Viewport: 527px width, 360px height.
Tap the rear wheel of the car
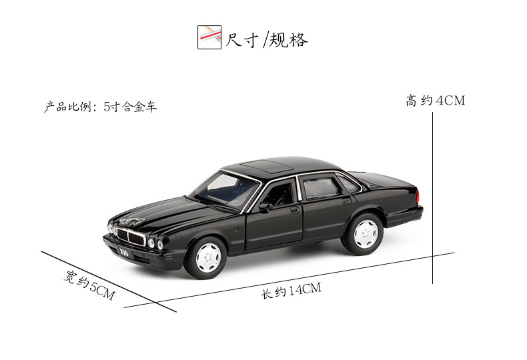pyautogui.click(x=365, y=234)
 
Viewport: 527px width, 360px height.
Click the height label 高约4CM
pyautogui.click(x=435, y=101)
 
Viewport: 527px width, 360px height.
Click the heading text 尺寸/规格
pyautogui.click(x=267, y=39)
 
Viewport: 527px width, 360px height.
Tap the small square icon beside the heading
pyautogui.click(x=209, y=37)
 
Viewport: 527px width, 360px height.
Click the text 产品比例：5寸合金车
pyautogui.click(x=101, y=107)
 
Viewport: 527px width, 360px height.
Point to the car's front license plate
pyautogui.click(x=125, y=251)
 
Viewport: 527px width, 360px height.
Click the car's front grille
pyautogui.click(x=131, y=237)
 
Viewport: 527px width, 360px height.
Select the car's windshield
pyautogui.click(x=224, y=188)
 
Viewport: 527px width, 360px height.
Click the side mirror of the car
pyautogui.click(x=266, y=207)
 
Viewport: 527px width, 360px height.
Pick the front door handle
pyautogui.click(x=294, y=210)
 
